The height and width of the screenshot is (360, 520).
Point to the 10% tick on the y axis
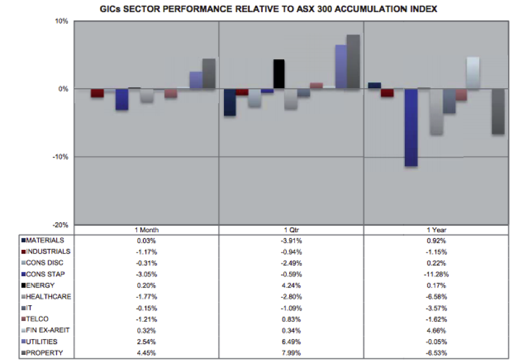[x=61, y=21]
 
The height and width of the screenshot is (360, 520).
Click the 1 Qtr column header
[x=291, y=230]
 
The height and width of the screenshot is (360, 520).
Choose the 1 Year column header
[x=436, y=230]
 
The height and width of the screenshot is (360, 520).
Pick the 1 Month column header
[x=146, y=230]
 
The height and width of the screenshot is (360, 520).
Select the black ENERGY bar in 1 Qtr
[x=279, y=74]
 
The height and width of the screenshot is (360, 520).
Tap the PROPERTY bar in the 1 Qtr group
[x=353, y=62]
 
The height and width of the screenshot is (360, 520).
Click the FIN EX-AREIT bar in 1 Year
[x=473, y=73]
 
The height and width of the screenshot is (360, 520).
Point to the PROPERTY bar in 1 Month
[x=208, y=74]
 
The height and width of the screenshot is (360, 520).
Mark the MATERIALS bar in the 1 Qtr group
[x=230, y=102]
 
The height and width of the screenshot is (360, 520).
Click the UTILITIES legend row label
[x=44, y=342]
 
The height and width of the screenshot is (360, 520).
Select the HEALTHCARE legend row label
[x=47, y=296]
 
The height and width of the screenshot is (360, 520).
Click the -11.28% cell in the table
[x=436, y=274]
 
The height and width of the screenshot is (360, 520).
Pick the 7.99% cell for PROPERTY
[x=291, y=353]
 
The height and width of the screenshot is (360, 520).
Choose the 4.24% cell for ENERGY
[x=291, y=285]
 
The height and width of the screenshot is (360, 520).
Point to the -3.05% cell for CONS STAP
[x=146, y=274]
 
